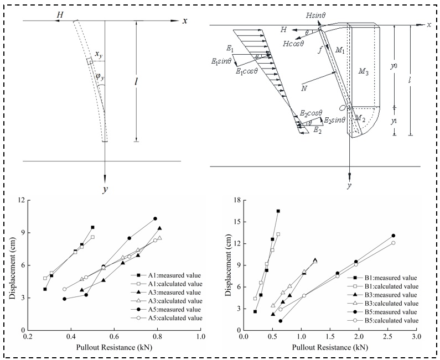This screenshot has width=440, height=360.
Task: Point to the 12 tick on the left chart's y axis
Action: click(22, 200)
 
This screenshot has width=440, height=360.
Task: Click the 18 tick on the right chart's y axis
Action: click(237, 200)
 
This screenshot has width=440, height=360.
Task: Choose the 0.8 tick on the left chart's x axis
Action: click(157, 336)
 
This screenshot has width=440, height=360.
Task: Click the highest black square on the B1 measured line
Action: click(278, 211)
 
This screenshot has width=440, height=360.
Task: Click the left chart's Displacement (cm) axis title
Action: click(12, 268)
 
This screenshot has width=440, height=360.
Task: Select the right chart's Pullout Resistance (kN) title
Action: click(330, 347)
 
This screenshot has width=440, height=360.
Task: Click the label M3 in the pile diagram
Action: click(364, 71)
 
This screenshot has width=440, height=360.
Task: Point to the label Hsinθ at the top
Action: click(315, 15)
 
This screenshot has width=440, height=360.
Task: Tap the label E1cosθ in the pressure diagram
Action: click(247, 71)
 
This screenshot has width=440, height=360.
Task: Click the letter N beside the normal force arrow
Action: click(304, 88)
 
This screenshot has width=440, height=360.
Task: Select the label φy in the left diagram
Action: click(100, 76)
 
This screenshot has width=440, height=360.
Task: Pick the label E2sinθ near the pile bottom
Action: click(334, 121)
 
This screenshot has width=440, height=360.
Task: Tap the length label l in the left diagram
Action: click(136, 82)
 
